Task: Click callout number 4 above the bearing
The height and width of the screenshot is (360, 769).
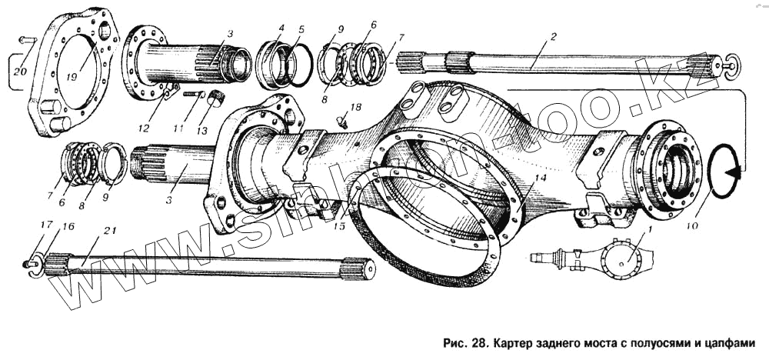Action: [282, 29]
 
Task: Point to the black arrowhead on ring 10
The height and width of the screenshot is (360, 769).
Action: [738, 174]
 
